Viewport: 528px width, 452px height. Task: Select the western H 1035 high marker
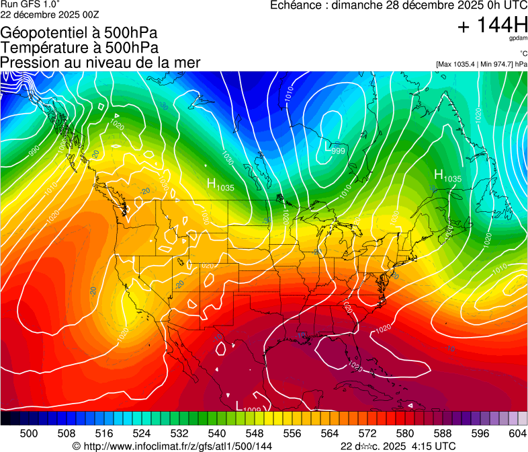point(220,184)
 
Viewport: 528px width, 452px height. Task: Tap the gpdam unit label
point(517,38)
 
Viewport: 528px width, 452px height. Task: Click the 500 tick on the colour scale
point(29,433)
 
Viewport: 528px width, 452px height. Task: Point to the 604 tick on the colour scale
point(517,433)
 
